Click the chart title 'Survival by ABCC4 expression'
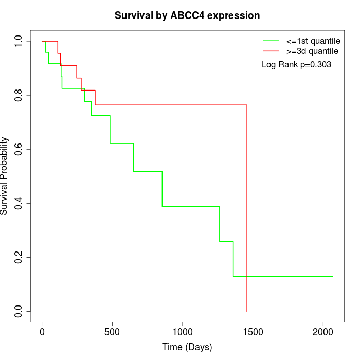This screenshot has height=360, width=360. (x=187, y=15)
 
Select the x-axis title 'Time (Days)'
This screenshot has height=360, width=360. (x=187, y=347)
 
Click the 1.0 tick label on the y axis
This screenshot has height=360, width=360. (x=19, y=41)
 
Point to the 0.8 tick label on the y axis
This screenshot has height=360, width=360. (x=19, y=95)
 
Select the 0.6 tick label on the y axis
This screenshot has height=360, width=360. (x=19, y=149)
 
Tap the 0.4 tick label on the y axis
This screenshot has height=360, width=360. (x=19, y=203)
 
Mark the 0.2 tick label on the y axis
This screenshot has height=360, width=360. (x=19, y=257)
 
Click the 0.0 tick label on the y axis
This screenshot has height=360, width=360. (x=19, y=311)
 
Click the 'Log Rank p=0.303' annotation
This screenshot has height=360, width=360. (x=296, y=65)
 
